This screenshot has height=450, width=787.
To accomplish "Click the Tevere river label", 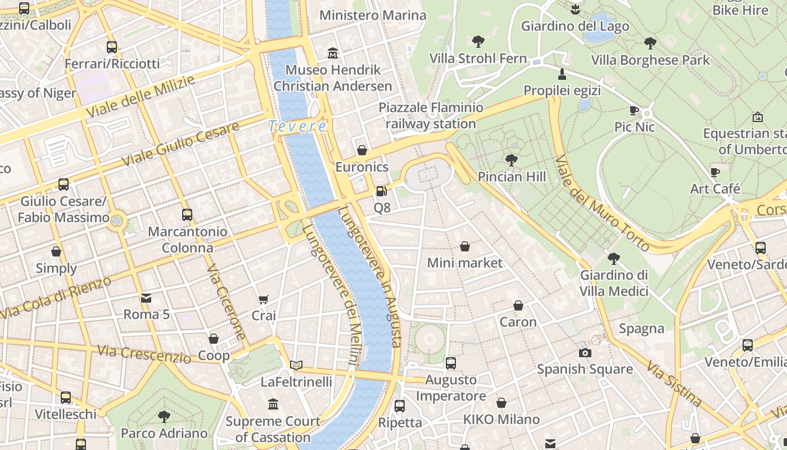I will click(297, 127).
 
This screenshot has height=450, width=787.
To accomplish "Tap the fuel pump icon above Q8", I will click(382, 191).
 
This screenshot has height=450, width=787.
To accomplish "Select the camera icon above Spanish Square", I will click(585, 353).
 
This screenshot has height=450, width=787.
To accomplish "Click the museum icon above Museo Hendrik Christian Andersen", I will click(333, 53).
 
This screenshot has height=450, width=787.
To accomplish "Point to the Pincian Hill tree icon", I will click(512, 160).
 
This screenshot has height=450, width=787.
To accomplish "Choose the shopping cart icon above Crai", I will click(264, 299).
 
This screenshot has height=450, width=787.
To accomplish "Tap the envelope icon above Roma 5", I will click(146, 298).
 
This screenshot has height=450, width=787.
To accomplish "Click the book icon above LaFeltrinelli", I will click(296, 365).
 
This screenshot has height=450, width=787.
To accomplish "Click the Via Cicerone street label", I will click(227, 302).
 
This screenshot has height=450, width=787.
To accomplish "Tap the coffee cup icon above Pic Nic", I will click(634, 111).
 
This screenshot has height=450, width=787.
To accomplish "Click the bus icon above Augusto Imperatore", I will click(451, 363).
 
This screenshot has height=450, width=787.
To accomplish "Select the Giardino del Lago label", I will click(575, 26).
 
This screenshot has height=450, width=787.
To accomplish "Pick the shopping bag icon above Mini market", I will click(465, 246).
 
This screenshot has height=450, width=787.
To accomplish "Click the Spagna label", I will click(641, 328).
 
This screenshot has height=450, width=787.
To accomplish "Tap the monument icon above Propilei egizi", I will click(562, 74).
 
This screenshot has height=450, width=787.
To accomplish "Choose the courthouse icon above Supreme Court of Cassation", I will click(273, 404).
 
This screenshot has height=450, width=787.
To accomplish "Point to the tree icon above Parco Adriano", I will click(164, 417).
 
